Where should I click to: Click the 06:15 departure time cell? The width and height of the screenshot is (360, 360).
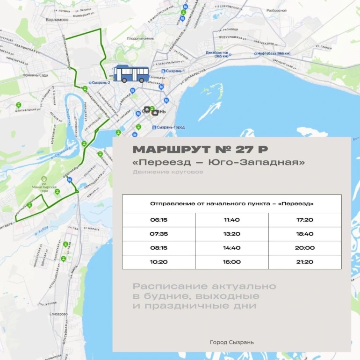158,220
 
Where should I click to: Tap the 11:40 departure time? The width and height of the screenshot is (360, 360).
231,220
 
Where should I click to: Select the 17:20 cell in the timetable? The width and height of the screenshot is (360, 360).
304,220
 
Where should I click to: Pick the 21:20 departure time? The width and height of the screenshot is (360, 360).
304,262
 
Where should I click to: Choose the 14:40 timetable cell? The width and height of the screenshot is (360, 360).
231,248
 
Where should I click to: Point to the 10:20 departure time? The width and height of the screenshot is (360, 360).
158,262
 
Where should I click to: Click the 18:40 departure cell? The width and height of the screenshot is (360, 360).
304,234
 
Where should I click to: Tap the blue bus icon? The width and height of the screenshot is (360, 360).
131,74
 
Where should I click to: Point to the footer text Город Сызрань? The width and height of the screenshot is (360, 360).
232,342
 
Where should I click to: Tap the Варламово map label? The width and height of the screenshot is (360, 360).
58,20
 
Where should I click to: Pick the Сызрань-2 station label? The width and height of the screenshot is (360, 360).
102,83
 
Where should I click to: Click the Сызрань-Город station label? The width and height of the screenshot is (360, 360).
169,127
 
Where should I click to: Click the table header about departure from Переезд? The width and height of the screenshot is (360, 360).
231,204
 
